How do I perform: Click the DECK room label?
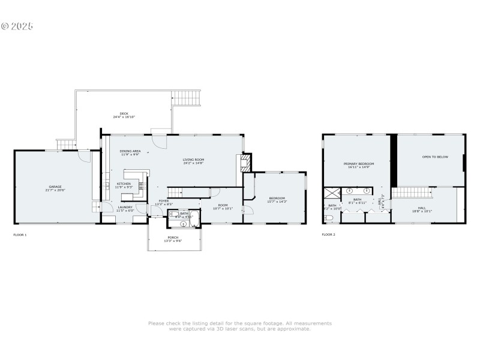click(x=124, y=113)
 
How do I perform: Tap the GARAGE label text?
click(x=55, y=187)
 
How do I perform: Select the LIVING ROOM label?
click(x=194, y=160)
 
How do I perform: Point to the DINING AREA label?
click(x=130, y=151)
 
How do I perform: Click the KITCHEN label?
click(x=124, y=184)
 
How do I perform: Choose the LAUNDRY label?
click(x=125, y=207)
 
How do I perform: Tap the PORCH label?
click(x=173, y=237)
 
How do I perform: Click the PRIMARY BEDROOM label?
click(x=359, y=164)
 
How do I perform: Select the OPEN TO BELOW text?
click(x=435, y=157)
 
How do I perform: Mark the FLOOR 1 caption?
click(x=20, y=235)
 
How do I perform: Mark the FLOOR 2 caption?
click(x=328, y=235)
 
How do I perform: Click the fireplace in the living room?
click(x=244, y=163)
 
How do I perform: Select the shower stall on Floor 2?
click(x=332, y=193)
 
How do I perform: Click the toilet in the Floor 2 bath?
click(x=328, y=217)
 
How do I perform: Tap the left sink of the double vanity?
click(x=349, y=191)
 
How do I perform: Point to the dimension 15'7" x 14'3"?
click(x=277, y=202)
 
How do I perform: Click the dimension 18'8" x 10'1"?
click(x=422, y=212)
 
